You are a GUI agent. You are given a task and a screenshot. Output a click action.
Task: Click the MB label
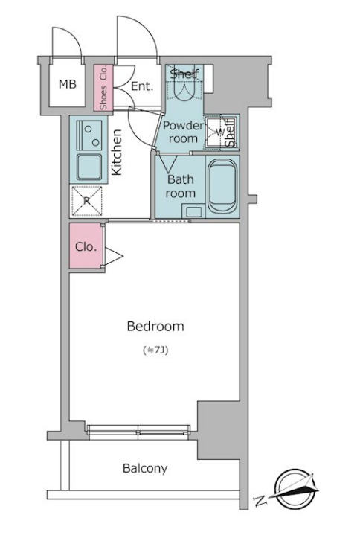(67, 84)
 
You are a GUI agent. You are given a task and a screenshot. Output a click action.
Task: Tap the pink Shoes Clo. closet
(103, 88)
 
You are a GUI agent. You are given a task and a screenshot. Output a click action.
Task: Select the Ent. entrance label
(142, 86)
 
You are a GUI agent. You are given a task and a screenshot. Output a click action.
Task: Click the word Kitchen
(117, 152)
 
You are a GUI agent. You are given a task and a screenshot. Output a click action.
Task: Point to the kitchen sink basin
(89, 167)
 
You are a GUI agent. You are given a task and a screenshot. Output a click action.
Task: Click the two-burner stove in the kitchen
(89, 135)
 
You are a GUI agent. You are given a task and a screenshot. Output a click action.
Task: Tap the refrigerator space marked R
(86, 201)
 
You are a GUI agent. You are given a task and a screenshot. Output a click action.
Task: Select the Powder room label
(183, 132)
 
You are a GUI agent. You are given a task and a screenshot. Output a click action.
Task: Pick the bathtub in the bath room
(222, 185)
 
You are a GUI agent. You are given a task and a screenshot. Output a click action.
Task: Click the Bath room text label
(180, 186)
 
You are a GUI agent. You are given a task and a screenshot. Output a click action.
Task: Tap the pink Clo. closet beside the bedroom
(86, 246)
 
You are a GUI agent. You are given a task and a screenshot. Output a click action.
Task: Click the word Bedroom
(155, 326)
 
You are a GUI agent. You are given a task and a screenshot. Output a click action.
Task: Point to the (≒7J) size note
(155, 350)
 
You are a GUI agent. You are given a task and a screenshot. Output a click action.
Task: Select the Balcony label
(145, 468)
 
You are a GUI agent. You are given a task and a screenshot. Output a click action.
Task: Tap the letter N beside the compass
(260, 501)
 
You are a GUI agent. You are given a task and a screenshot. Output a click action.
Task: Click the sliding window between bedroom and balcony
(138, 432)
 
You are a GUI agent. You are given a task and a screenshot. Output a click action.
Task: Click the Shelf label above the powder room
(184, 74)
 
